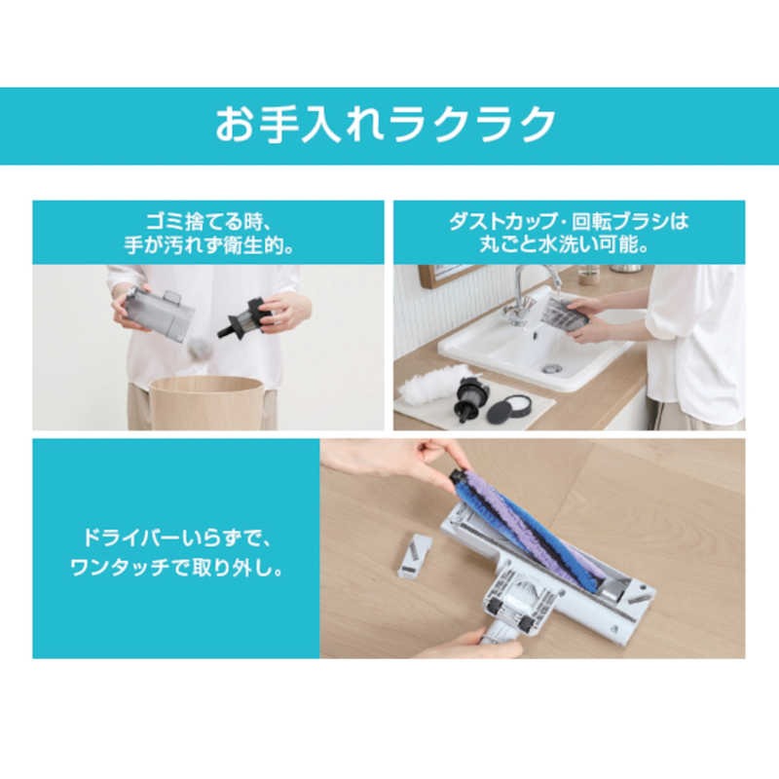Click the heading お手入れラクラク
pyautogui.click(x=387, y=126)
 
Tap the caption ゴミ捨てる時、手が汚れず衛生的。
pyautogui.click(x=211, y=233)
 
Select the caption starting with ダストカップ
pyautogui.click(x=569, y=233)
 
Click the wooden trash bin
pyautogui.click(x=205, y=401)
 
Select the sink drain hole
pyautogui.click(x=553, y=368)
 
